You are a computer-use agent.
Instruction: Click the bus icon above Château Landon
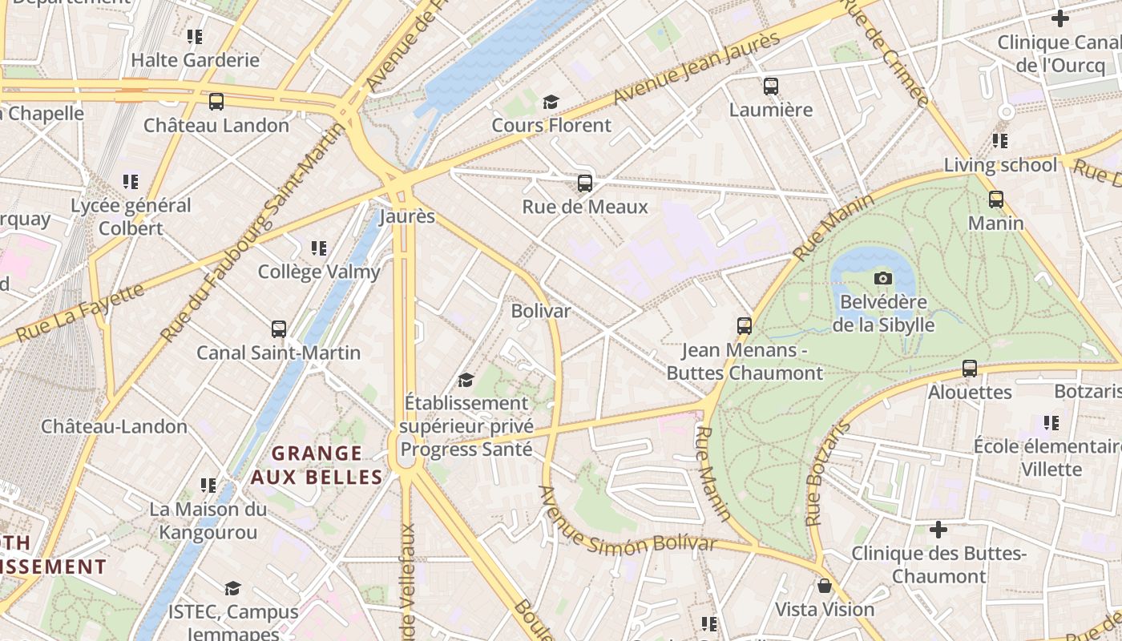216,102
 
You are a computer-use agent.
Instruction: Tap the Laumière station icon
770,87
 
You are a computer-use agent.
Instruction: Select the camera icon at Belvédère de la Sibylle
882,278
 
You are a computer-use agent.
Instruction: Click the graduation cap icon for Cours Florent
551,102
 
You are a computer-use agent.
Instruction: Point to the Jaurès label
407,216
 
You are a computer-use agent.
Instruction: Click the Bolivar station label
541,311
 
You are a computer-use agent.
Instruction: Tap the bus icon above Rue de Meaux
584,183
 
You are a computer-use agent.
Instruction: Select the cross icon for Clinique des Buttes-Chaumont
938,530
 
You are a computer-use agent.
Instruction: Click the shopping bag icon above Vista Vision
824,586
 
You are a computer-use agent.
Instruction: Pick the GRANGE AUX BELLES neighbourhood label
317,466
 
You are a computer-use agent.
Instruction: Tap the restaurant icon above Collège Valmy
319,248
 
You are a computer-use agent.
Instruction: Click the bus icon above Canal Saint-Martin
278,329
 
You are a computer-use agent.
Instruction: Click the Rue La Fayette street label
80,312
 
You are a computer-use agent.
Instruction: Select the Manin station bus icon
995,200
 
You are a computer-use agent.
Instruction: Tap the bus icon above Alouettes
969,369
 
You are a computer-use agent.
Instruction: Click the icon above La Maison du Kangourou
208,486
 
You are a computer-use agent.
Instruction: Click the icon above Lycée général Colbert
131,182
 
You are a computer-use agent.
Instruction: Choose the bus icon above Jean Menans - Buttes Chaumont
744,326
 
